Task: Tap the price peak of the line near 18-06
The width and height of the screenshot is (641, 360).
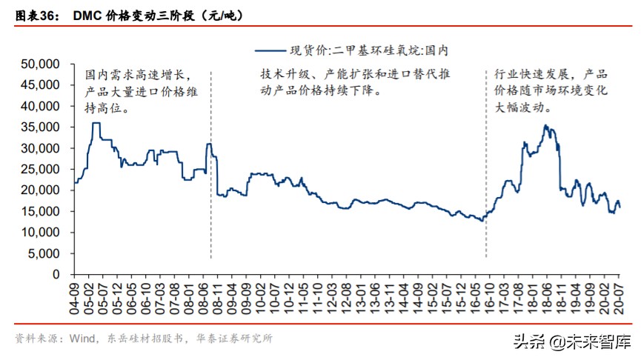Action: pos(546,126)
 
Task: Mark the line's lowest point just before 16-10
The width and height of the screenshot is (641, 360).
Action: pos(482,221)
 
